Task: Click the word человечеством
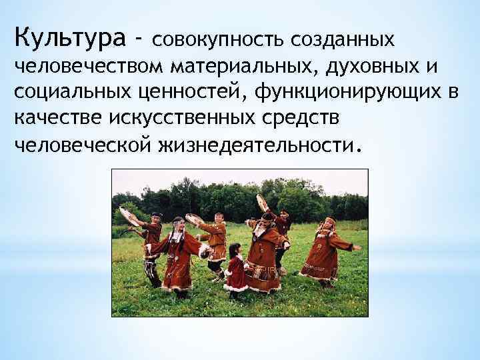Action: [x=89, y=67]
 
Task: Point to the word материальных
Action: [x=245, y=67]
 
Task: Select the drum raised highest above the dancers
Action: [x=263, y=203]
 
